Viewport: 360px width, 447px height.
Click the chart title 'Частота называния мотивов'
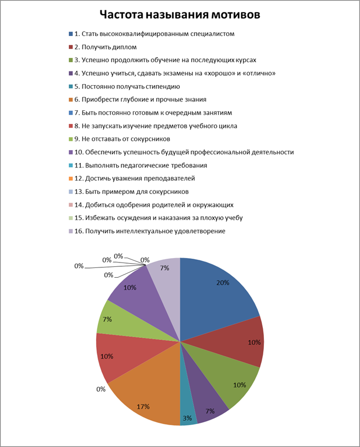point(179,14)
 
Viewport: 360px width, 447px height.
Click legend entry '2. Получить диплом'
point(105,47)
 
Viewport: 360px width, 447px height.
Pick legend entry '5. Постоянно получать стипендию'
point(127,86)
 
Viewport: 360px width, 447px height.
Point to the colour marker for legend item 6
point(71,99)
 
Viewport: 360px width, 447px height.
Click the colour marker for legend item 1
point(71,34)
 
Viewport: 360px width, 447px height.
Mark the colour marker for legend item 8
point(71,126)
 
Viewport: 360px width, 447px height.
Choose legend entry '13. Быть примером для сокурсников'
point(131,191)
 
